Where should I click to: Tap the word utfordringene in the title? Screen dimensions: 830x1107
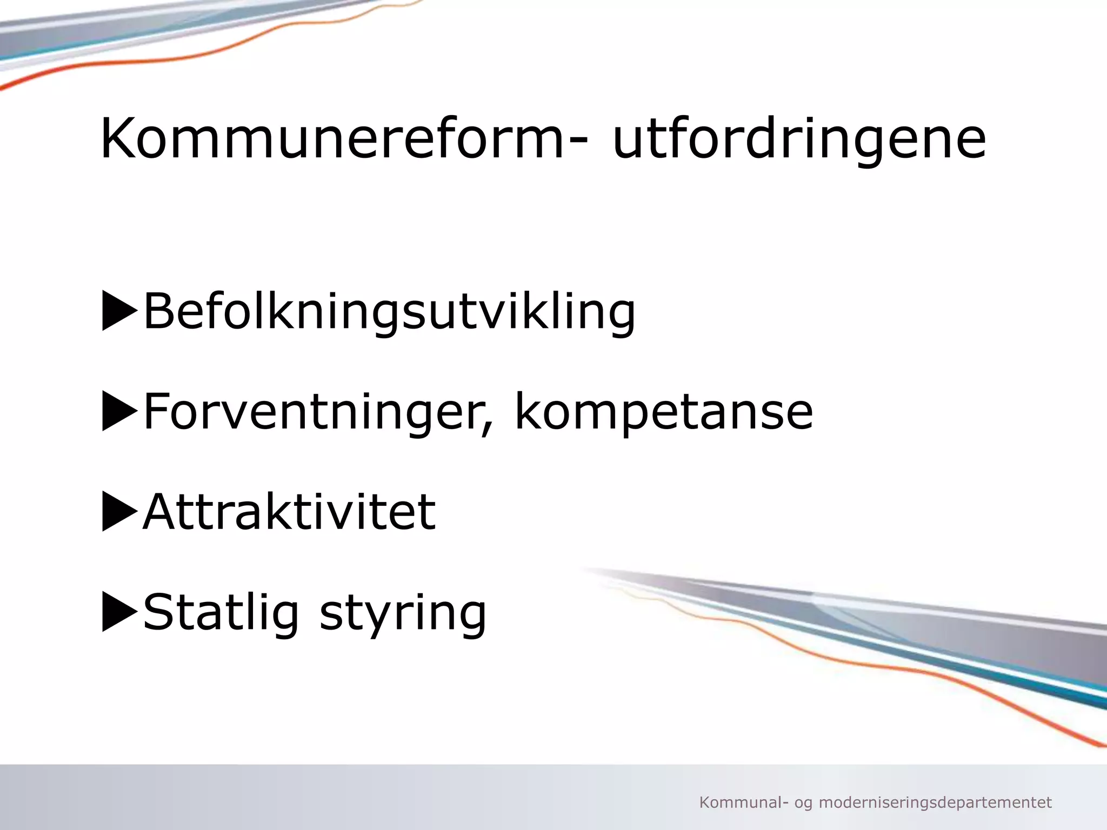point(799,139)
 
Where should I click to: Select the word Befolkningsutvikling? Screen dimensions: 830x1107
point(389,311)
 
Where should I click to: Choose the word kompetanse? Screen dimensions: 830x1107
point(664,412)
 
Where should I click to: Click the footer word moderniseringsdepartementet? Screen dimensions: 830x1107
point(935,803)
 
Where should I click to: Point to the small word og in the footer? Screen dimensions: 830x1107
point(803,804)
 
